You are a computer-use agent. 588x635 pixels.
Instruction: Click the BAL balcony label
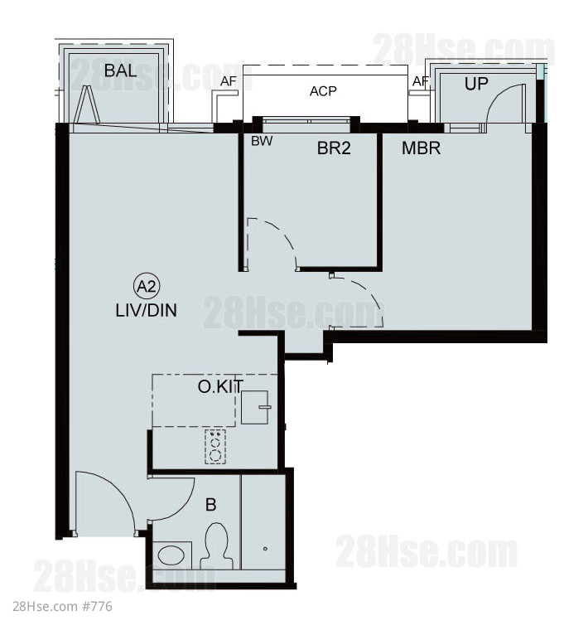point(120,70)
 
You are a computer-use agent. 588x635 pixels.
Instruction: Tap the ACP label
point(323,91)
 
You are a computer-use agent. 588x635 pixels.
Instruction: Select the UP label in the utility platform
point(476,84)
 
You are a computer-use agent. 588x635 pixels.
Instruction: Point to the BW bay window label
point(262,141)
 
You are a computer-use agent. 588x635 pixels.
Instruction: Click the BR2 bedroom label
point(334,148)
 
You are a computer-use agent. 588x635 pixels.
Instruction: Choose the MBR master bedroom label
point(421,148)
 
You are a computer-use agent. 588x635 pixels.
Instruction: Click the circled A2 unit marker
point(147,286)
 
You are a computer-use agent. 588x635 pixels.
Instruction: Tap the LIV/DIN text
point(146,311)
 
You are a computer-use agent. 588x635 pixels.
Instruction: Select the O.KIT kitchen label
point(220,387)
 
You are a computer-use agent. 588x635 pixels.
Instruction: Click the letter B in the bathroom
point(211,505)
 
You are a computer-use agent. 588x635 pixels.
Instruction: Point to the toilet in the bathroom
point(216,546)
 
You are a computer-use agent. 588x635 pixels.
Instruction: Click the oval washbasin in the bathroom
point(171,555)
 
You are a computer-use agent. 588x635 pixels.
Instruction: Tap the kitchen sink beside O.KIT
point(255,407)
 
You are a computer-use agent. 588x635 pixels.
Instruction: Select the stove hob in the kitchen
point(215,447)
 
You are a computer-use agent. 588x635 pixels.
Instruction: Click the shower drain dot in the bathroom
point(265,549)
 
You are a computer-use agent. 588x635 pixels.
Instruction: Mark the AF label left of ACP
point(229,81)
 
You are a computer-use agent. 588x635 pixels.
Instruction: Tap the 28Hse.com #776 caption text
point(62,607)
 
